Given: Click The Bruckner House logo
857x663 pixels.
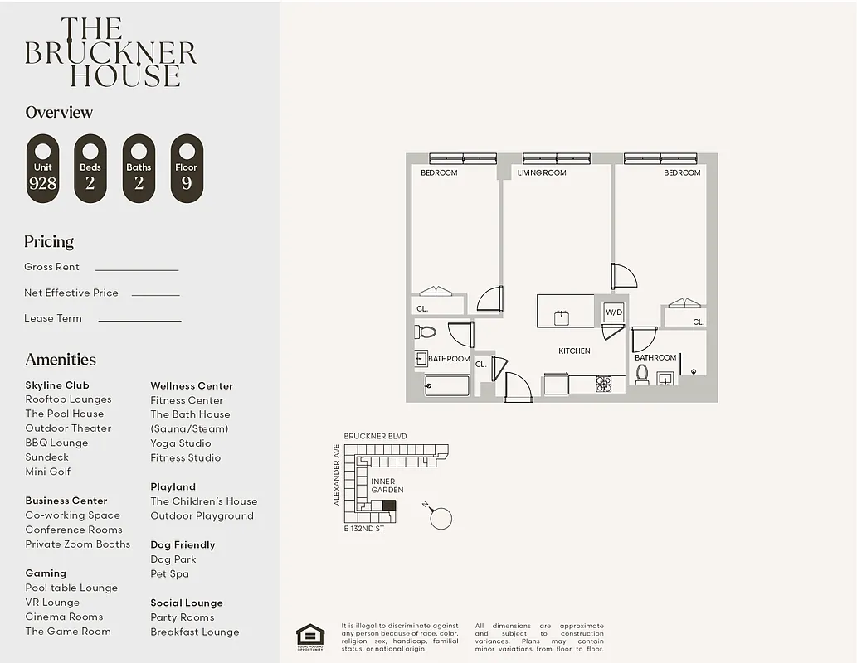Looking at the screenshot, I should tap(110, 53).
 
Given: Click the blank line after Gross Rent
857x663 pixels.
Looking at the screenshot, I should tap(137, 269).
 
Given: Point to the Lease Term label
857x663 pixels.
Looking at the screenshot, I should tap(53, 318).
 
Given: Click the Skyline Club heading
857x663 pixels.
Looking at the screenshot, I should tap(57, 385).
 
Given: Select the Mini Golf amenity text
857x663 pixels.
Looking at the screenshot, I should tap(48, 472).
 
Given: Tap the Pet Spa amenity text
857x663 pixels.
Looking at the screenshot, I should tap(169, 573).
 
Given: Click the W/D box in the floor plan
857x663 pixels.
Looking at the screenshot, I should tap(613, 312).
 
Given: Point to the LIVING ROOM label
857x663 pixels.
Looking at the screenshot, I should tap(542, 172).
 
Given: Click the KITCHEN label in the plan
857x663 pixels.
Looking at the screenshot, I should tap(574, 351).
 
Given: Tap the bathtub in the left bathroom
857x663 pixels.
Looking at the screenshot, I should tap(447, 385).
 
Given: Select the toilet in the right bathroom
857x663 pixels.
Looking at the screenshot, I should tap(641, 374).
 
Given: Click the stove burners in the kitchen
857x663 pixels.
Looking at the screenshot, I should tap(603, 383).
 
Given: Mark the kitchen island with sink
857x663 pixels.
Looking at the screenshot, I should tap(565, 311).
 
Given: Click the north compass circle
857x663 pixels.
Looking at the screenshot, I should tap(441, 519).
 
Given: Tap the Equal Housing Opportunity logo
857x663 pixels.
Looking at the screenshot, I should tap(310, 636).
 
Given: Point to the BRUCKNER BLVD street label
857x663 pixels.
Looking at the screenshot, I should tap(375, 436).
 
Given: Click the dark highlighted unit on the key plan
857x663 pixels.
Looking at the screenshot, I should tap(388, 505).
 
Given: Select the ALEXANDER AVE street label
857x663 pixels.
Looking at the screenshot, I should tap(337, 475).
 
